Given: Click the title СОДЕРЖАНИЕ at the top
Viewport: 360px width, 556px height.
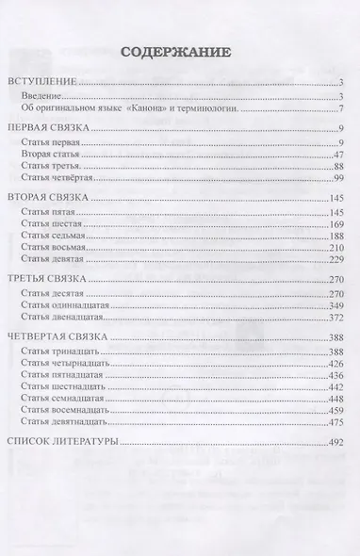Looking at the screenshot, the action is (180, 53).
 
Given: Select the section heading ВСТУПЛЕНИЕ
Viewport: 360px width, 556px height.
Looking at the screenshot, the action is (41, 83).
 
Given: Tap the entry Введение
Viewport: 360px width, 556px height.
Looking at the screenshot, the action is (46, 96).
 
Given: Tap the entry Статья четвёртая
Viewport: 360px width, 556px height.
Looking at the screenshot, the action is (59, 177).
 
